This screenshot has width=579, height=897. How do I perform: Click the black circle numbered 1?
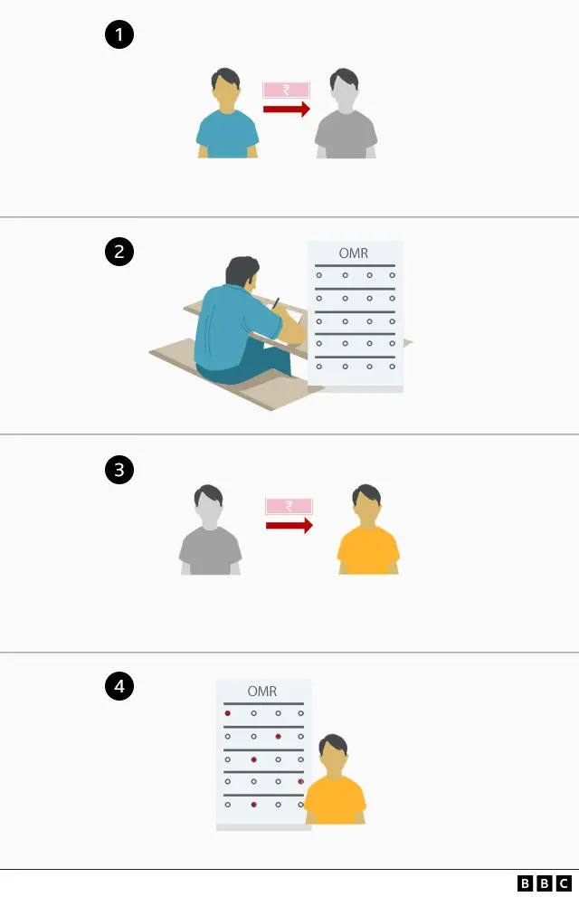[x=119, y=34]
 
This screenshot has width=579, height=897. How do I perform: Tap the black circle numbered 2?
[x=119, y=252]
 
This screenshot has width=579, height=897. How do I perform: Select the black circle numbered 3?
[x=119, y=470]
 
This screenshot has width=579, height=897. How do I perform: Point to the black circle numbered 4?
[x=119, y=686]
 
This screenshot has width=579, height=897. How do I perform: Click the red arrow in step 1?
[x=287, y=109]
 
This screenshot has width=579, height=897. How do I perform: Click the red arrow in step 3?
[x=289, y=525]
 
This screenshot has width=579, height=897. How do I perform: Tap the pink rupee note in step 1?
[x=287, y=90]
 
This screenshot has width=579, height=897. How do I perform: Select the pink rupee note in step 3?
[x=289, y=506]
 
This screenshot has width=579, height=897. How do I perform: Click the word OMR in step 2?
[x=353, y=253]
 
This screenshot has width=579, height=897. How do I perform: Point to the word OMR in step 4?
[x=261, y=691]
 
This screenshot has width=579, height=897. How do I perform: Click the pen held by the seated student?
[x=276, y=303]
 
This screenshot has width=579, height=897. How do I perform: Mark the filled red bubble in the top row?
[x=227, y=713]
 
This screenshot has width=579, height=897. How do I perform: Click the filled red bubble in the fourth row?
[x=300, y=781]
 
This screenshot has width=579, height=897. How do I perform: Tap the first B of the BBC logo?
[x=525, y=883]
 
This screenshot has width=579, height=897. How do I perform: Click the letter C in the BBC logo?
[x=564, y=883]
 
